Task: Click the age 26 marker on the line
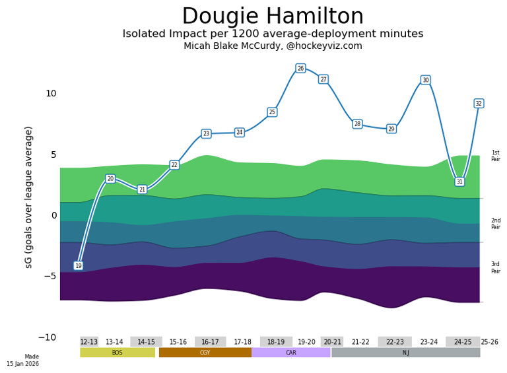tap(300, 69)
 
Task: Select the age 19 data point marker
tap(79, 265)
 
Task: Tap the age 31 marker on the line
tap(459, 182)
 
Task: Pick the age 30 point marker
tap(425, 80)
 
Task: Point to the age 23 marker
tap(206, 133)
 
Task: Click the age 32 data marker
tap(479, 103)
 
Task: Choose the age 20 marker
tap(110, 179)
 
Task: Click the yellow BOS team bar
tap(118, 353)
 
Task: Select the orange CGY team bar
tap(205, 353)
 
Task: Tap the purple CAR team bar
tap(291, 353)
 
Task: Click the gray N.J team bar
tap(405, 353)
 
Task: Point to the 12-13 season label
tap(89, 342)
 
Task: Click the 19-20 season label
tap(306, 342)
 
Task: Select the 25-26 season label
tap(489, 342)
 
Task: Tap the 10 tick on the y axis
tap(51, 94)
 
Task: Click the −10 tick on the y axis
tap(48, 337)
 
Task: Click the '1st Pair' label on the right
tap(495, 156)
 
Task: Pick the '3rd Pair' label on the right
tap(495, 267)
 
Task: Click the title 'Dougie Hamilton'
tap(282, 17)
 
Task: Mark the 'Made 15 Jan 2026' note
tap(23, 360)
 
